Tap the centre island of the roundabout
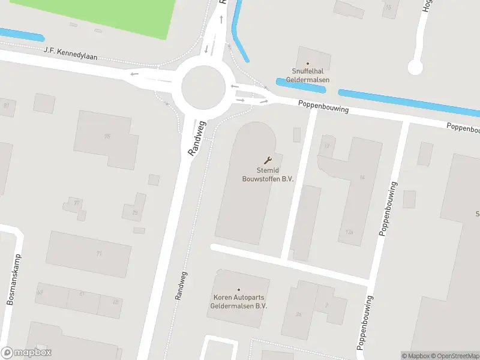coord(203,86)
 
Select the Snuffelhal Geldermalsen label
coord(307,76)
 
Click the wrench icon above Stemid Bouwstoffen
coord(268,160)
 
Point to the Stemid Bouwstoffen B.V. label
coord(268,175)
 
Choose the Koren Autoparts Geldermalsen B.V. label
coord(238,301)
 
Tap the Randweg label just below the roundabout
coord(197,139)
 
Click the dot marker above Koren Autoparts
coord(238,290)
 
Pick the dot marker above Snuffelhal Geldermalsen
coord(308,64)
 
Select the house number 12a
coord(350,232)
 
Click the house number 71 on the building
coord(99,253)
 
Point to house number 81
coord(7,105)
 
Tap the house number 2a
coord(298,314)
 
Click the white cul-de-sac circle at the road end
coord(415,67)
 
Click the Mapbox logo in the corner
coord(26,353)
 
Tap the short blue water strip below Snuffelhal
coord(300,85)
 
